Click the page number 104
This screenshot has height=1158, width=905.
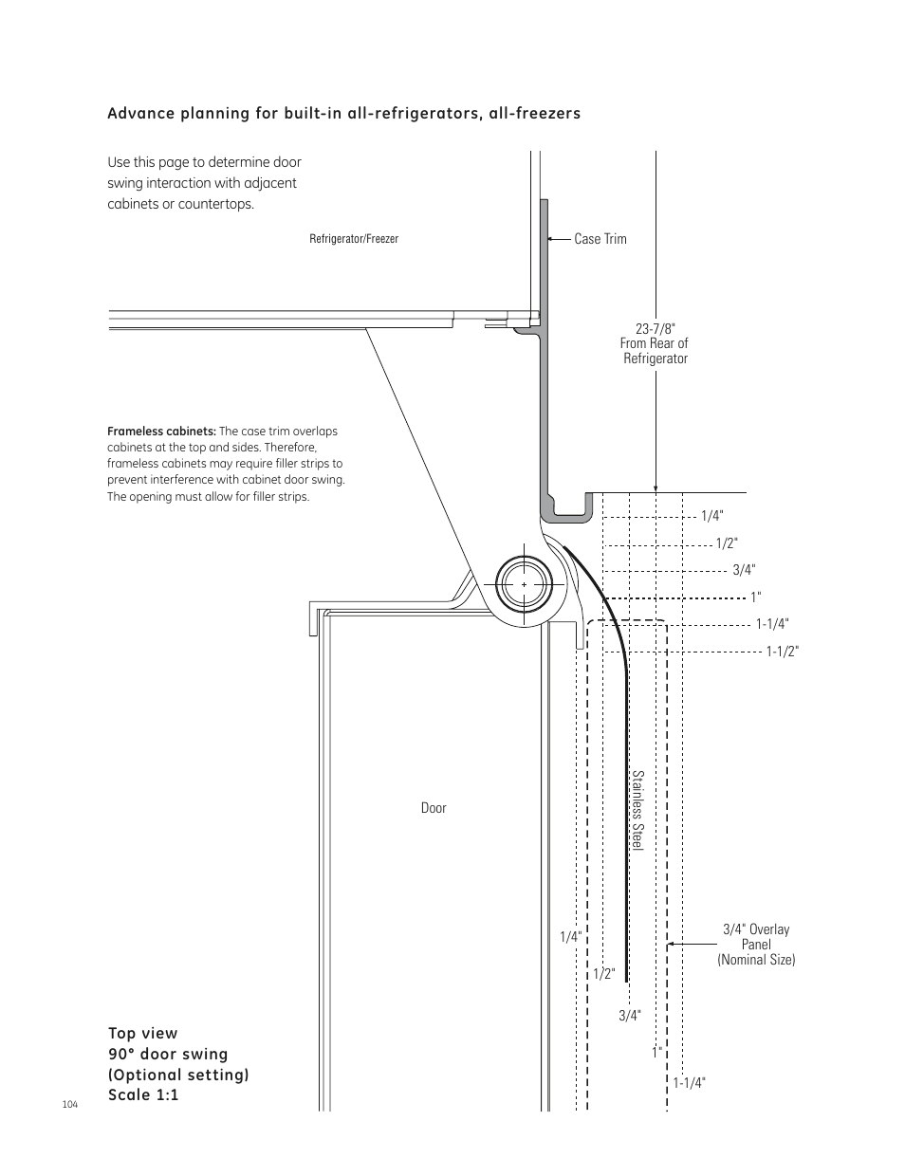69,1106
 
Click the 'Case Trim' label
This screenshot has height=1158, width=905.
600,239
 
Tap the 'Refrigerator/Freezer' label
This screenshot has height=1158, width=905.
354,239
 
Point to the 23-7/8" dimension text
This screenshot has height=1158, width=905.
655,328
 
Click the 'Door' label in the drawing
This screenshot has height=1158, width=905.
434,808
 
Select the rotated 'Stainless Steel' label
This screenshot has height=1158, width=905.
638,810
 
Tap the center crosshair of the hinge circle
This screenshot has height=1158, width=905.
525,585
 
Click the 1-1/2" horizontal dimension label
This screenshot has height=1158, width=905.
783,651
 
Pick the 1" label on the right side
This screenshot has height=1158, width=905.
756,597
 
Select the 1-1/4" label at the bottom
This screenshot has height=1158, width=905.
690,1082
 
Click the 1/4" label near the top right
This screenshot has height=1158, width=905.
712,516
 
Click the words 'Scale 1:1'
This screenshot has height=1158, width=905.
143,1095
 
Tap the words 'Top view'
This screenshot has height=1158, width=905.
142,1033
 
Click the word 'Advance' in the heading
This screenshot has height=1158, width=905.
139,114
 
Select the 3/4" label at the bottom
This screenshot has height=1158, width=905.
630,1015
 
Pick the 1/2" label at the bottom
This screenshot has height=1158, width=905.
604,973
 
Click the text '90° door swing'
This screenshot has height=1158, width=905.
168,1054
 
